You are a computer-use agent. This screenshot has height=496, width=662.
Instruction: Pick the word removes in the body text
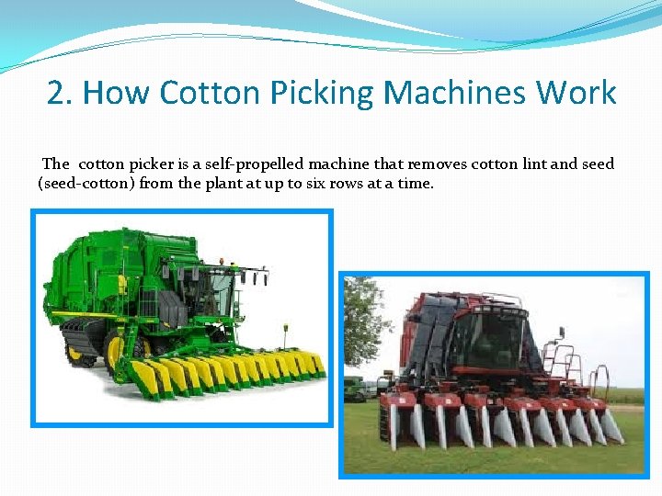[436, 164]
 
